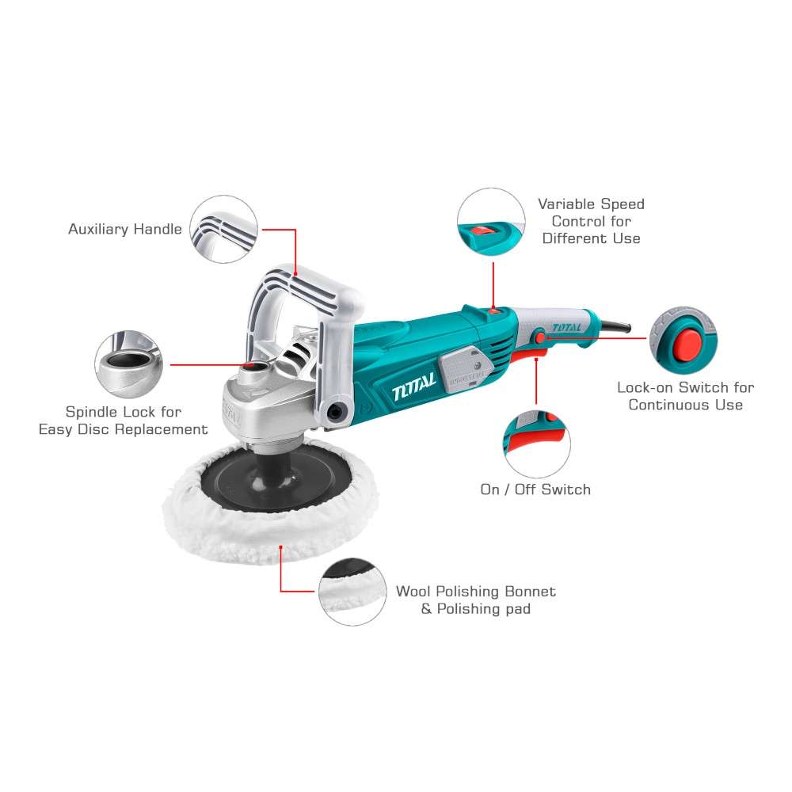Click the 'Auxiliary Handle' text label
point(124,230)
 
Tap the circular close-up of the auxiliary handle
point(224,230)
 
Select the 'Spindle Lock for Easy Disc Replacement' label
point(124,421)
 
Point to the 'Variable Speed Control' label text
point(592,221)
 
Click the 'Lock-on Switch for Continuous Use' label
point(685,396)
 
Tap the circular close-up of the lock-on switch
point(683,339)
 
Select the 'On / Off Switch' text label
point(535,489)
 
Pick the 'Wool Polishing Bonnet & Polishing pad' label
point(476,600)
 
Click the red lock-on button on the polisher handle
point(541,338)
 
